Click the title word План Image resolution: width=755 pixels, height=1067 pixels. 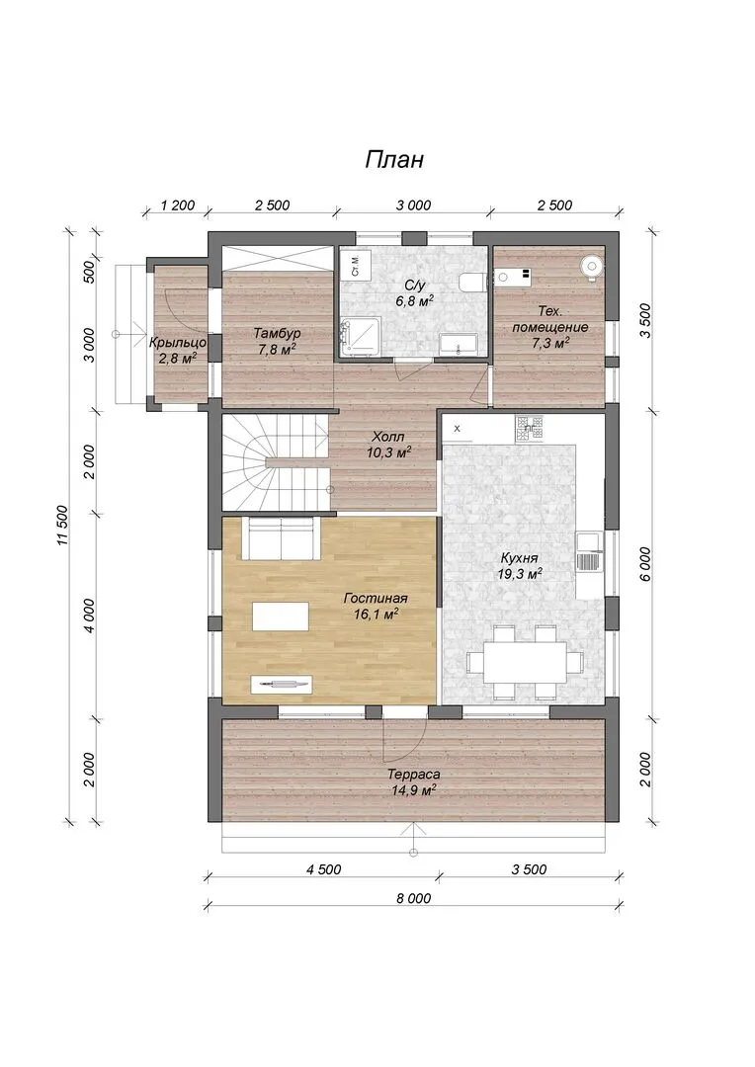pos(394,159)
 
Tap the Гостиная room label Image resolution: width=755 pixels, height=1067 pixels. pos(376,599)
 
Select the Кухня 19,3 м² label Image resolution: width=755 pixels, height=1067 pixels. pos(519,565)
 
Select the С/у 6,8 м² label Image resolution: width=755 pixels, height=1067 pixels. pos(415,292)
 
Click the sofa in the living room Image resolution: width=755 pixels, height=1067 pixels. pos(283,538)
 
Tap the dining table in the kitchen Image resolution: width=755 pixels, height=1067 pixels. pos(525,662)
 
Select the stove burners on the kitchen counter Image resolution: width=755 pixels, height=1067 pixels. pos(529,429)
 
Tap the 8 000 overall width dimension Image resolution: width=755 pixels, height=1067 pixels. pos(413,898)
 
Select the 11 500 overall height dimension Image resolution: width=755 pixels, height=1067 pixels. pos(62,525)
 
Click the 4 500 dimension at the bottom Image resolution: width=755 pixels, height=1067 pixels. pos(323,869)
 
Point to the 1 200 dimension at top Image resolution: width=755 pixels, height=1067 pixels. pos(177,205)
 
